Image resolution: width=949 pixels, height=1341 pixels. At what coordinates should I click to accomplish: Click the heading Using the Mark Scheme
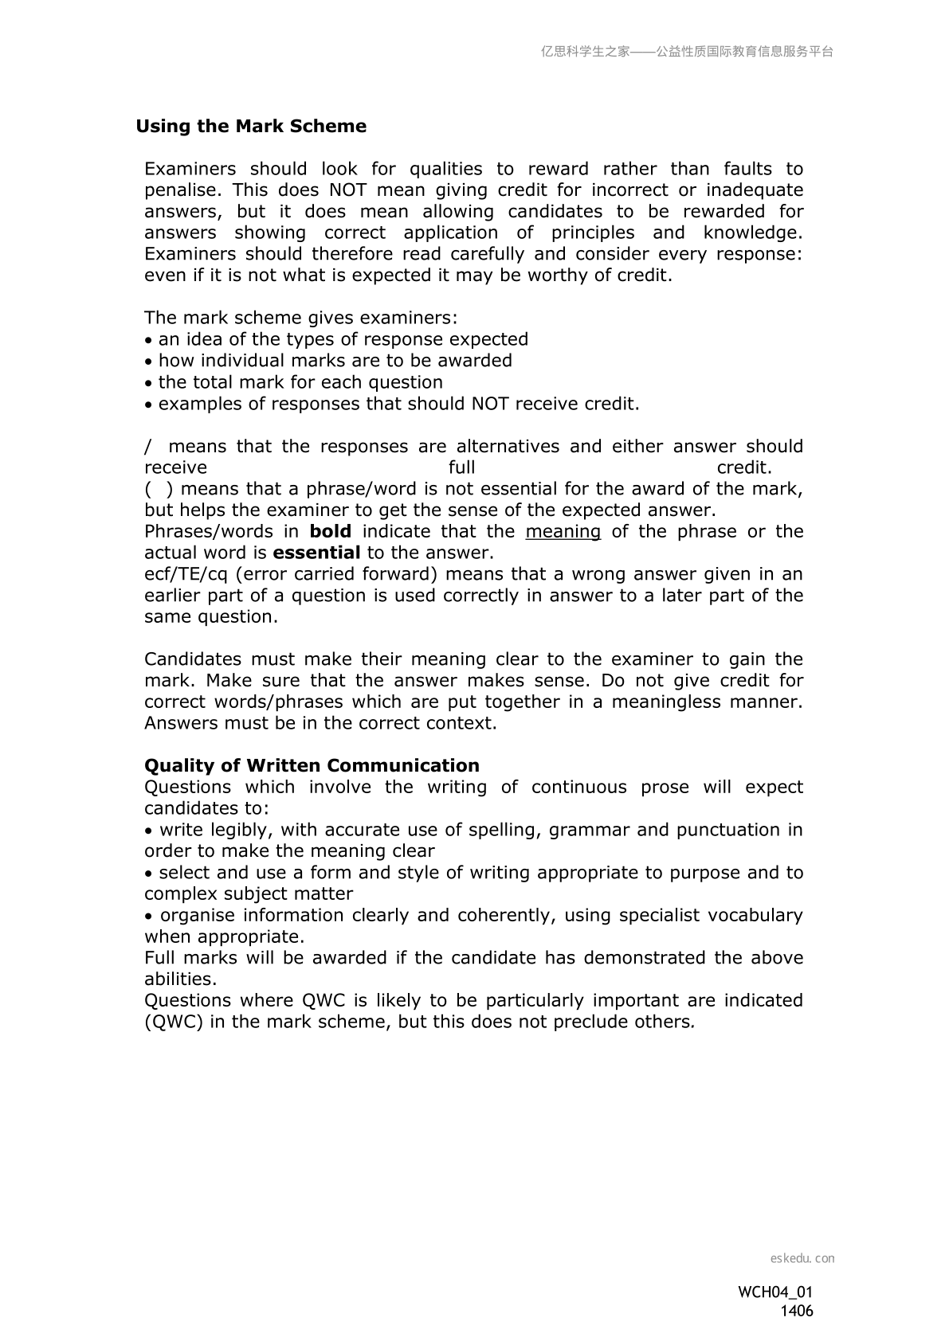251,127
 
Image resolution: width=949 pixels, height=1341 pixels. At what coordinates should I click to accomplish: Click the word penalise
180,190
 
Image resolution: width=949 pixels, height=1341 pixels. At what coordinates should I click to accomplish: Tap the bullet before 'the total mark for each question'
148,383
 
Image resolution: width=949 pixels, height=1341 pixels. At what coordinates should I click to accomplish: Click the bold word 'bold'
331,531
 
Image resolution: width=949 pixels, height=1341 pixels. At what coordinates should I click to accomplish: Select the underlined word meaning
563,531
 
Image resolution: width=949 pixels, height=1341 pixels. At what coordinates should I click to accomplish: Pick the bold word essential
316,553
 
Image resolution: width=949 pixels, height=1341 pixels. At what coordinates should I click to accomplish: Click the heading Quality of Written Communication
312,766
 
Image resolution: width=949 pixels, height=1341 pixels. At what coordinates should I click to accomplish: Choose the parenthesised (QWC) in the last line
174,1022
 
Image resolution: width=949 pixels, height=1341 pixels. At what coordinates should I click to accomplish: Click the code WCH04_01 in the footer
775,1292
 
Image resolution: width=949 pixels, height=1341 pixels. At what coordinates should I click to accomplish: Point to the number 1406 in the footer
796,1311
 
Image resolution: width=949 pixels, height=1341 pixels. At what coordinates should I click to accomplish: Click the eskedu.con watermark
802,1258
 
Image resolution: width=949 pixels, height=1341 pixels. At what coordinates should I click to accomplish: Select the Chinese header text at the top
687,52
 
